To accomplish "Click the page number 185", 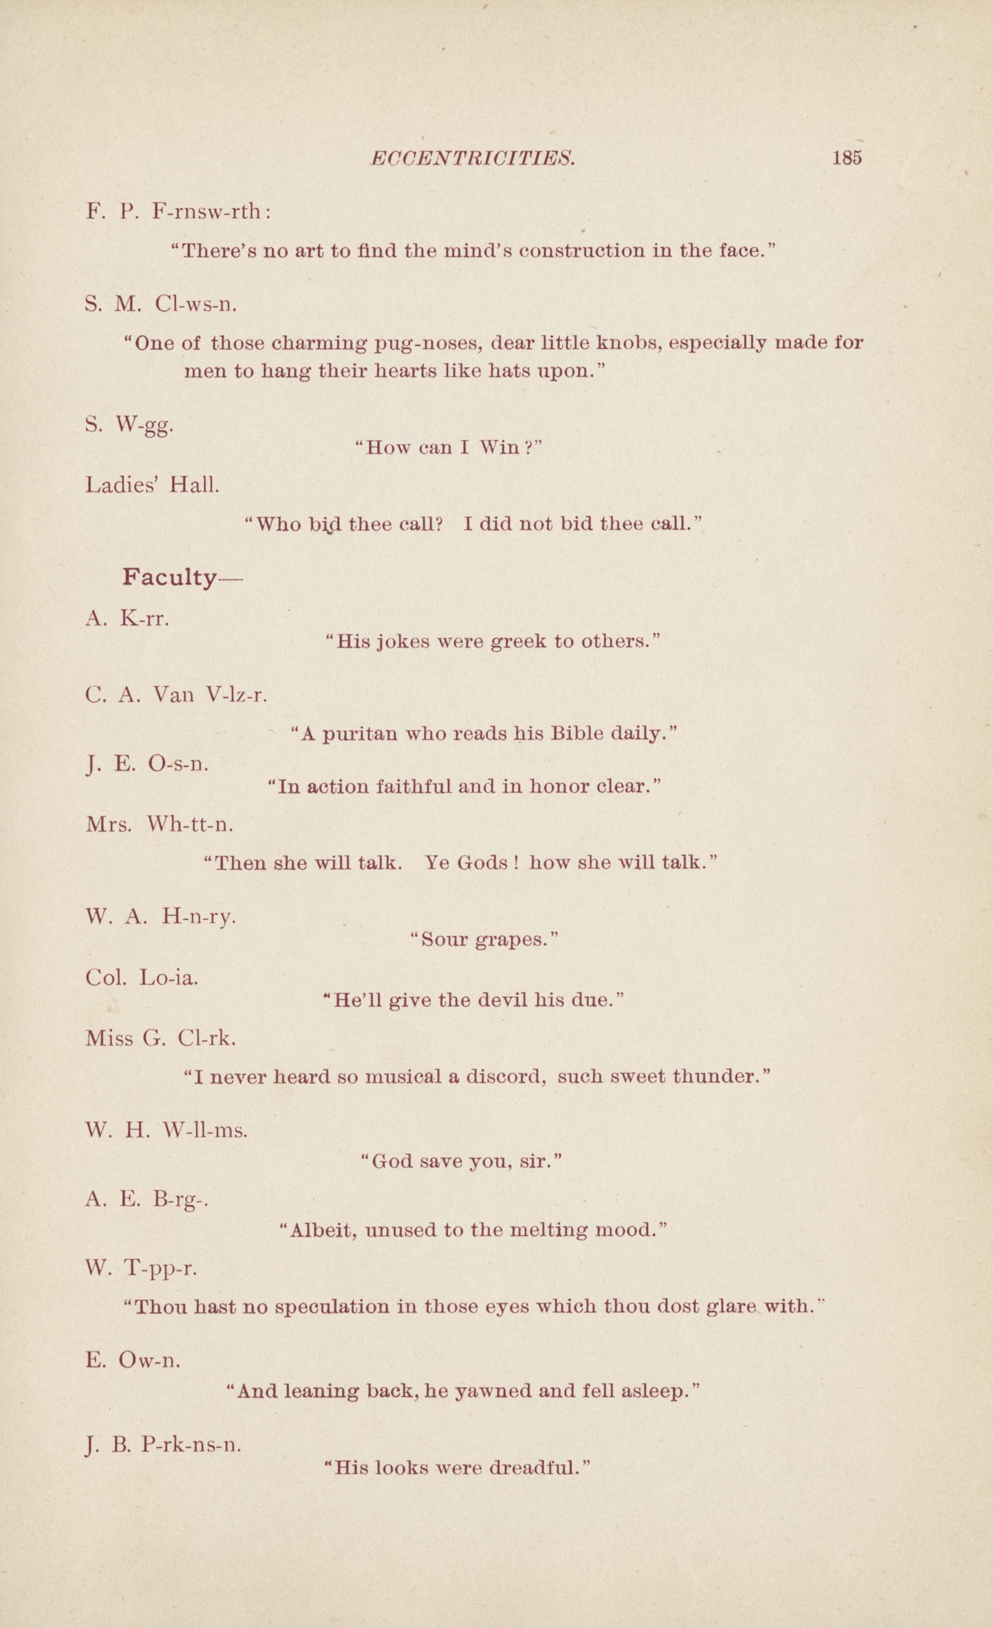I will [848, 158].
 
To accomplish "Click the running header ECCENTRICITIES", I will [472, 158].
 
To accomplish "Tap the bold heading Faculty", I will [170, 578].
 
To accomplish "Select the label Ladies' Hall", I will [152, 486].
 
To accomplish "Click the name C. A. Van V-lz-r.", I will [176, 694].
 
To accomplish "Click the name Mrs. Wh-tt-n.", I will [159, 825].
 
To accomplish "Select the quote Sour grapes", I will [484, 939].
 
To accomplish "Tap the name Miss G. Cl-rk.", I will [161, 1038].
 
